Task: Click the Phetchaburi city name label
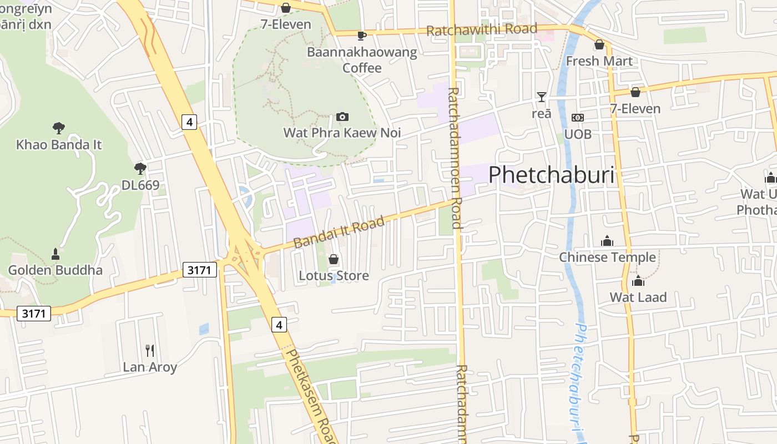[x=552, y=175]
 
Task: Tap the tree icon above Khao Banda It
[x=58, y=128]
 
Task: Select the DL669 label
[x=140, y=185]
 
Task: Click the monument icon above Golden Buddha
[x=55, y=254]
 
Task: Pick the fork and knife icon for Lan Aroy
[x=149, y=350]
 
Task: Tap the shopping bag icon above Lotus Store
[x=334, y=259]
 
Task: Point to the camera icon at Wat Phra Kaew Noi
[x=342, y=117]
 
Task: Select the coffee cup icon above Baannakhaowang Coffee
[x=362, y=36]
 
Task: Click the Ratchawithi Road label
[x=481, y=29]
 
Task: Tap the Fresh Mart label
[x=599, y=61]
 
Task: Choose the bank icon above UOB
[x=578, y=118]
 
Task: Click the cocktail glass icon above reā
[x=542, y=97]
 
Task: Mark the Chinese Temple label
[x=607, y=257]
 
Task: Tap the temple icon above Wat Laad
[x=638, y=281]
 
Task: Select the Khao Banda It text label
[x=59, y=145]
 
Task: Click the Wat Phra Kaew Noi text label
[x=342, y=133]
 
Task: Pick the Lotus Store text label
[x=334, y=275]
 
